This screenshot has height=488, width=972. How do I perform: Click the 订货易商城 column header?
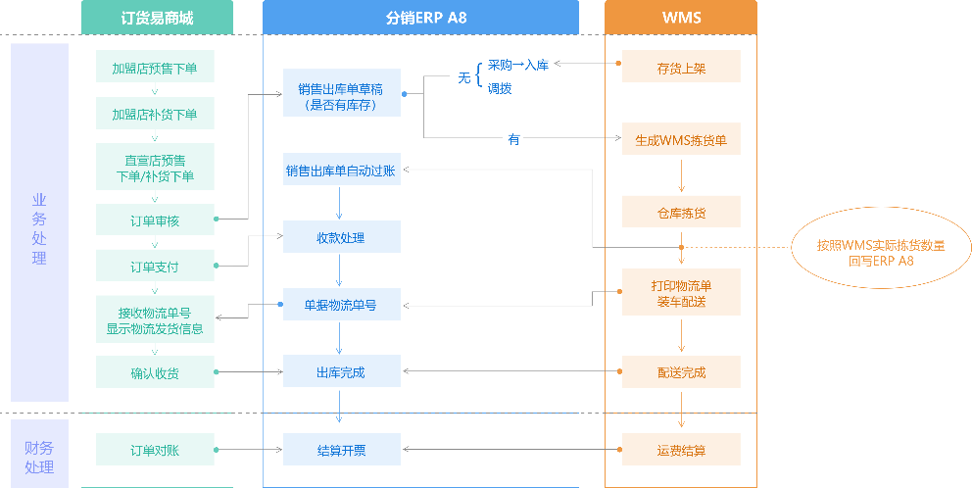(156, 18)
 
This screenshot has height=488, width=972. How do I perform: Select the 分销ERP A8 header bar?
(420, 18)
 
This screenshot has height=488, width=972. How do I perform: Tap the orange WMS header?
(680, 18)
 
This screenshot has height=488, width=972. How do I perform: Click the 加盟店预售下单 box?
(155, 69)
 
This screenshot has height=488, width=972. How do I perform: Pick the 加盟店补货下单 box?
(155, 115)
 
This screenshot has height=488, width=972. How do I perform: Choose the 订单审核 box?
(155, 220)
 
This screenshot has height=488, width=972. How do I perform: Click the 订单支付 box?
(155, 267)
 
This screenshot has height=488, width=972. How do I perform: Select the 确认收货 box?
(155, 372)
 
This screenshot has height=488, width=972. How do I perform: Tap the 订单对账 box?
(155, 451)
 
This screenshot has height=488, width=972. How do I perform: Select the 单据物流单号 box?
(341, 306)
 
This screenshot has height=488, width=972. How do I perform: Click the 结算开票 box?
(341, 451)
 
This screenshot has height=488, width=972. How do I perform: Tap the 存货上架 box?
(681, 69)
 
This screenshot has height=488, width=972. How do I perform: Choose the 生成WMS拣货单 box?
(681, 140)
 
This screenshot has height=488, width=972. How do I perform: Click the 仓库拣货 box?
(681, 212)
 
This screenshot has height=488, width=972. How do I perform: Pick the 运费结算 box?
(681, 451)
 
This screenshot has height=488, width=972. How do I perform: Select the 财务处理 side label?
(39, 457)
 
